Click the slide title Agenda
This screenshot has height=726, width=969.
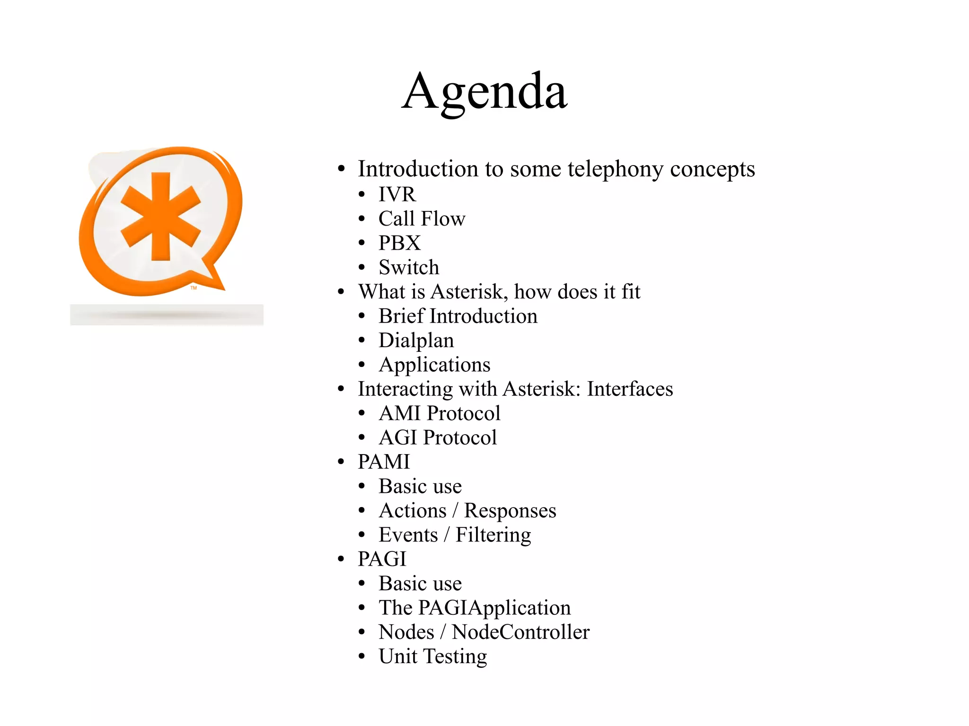484,91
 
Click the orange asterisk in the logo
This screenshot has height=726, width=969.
161,217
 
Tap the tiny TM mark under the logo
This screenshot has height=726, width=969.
194,288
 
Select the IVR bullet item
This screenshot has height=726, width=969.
397,194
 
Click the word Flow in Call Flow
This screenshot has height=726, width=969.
443,219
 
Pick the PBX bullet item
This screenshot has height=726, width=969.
399,243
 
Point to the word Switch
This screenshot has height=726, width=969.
409,267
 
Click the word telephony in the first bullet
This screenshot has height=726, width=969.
615,169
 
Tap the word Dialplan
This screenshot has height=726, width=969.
416,341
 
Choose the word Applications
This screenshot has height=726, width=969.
434,365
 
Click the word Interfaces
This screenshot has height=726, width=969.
630,389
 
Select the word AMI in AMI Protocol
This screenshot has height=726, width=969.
400,413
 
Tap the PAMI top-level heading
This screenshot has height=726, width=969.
384,462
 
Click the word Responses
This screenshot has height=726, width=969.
510,511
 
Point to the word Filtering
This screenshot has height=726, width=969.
493,535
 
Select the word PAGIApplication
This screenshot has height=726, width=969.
494,608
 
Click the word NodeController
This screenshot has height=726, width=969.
520,632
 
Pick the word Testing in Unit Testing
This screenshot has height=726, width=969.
455,656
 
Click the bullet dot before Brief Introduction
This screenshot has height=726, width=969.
362,316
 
